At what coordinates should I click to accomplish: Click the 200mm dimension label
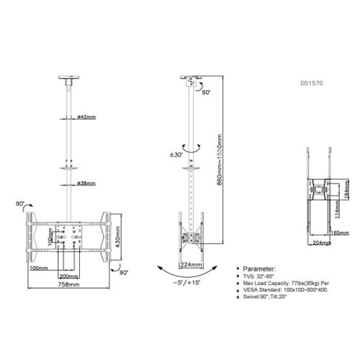(68, 274)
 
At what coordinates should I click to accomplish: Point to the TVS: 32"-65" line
(255, 276)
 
